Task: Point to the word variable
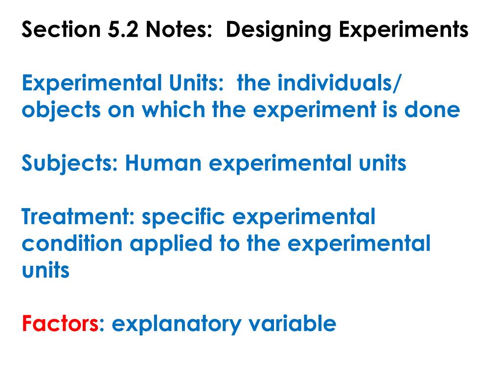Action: point(291,324)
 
